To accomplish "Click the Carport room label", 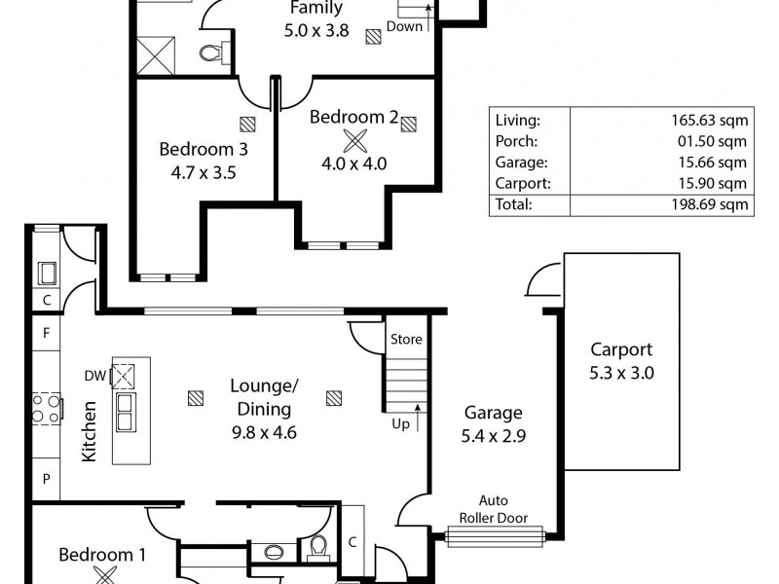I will coord(621,350).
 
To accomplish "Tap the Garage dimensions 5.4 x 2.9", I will coord(493,436).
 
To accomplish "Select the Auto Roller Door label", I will coord(498,510).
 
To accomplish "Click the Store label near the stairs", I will coord(406,340).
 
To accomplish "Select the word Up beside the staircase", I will coord(400,424).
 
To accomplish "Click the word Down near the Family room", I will coord(405,26).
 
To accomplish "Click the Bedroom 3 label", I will coord(204,150).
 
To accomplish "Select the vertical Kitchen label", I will coord(89,431).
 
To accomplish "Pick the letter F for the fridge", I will coord(46,333).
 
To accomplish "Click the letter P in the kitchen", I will coord(46,478).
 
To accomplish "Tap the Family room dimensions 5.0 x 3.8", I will coord(315,29).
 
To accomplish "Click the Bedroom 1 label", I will coord(102,556).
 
